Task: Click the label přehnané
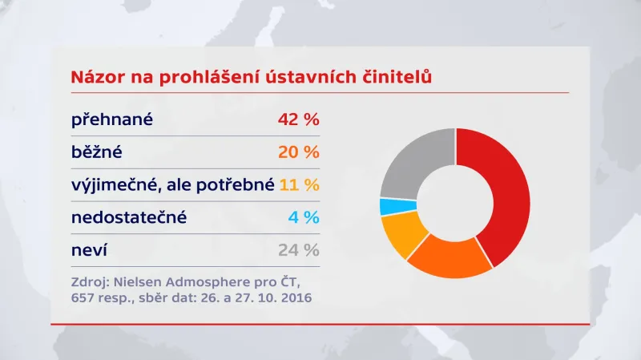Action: [x=112, y=119]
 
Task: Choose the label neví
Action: [x=90, y=250]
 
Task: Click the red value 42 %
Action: [x=298, y=119]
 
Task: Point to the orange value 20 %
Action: [x=298, y=152]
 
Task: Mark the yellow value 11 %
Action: [x=300, y=185]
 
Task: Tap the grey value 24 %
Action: [x=298, y=250]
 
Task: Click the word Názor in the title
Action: [x=98, y=78]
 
